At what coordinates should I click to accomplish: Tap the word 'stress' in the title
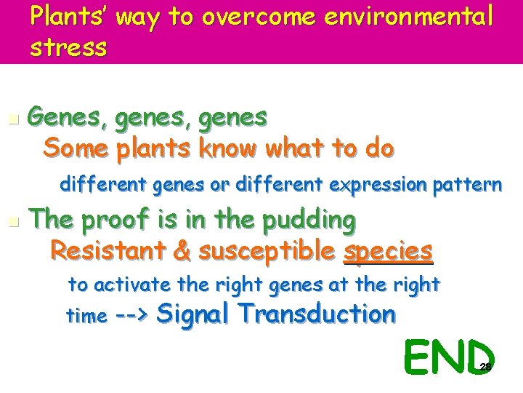coord(69,48)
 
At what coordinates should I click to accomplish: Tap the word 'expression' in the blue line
coord(378,185)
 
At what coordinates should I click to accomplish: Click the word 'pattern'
coord(467,185)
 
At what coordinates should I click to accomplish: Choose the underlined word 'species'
coord(388,251)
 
